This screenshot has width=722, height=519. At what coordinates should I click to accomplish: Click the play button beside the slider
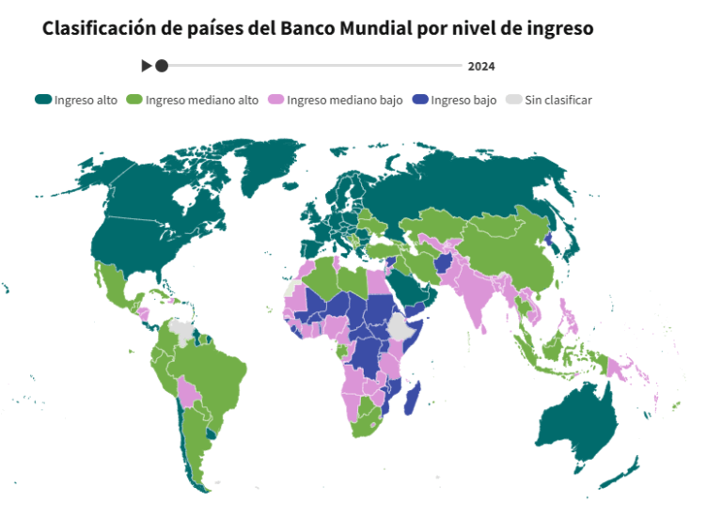pyautogui.click(x=146, y=66)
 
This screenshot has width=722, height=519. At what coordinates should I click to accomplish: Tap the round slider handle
pyautogui.click(x=162, y=66)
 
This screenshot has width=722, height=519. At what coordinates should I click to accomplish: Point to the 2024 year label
pyautogui.click(x=480, y=67)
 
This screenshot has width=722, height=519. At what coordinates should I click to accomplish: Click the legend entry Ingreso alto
pyautogui.click(x=76, y=100)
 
